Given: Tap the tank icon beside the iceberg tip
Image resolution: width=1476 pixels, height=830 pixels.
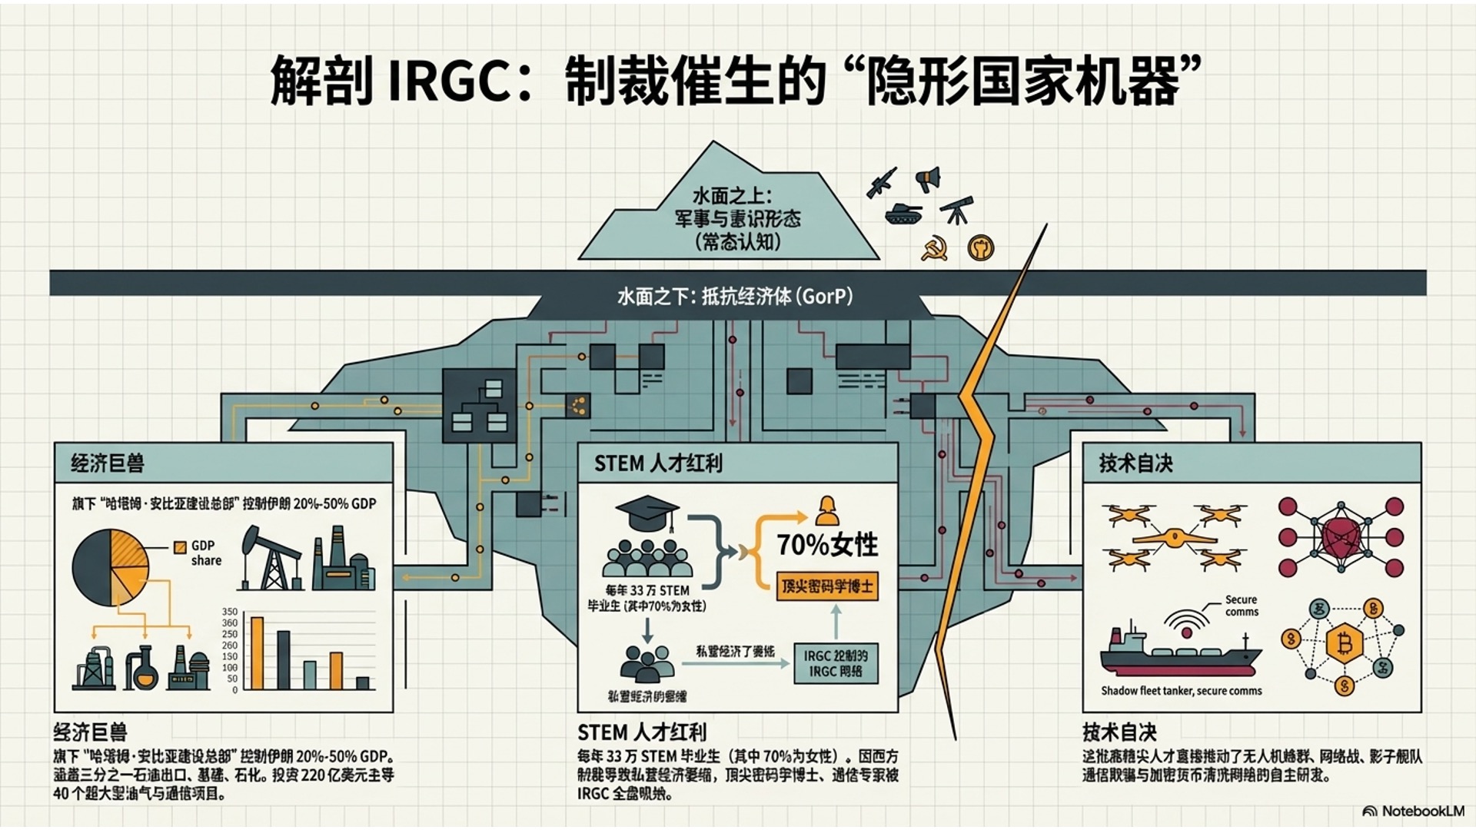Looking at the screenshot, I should (x=903, y=214).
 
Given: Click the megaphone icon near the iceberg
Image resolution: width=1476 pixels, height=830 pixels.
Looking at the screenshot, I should (x=929, y=179).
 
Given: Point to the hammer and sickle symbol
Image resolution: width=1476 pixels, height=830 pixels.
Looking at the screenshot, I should (x=934, y=249).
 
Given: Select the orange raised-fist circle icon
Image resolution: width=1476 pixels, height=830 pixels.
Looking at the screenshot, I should (x=981, y=247).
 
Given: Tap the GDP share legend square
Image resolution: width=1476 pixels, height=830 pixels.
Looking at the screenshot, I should (x=180, y=547).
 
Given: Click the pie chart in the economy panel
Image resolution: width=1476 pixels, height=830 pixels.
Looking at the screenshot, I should (x=111, y=568).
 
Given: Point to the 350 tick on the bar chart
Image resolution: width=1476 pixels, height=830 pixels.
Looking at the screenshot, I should (x=230, y=612).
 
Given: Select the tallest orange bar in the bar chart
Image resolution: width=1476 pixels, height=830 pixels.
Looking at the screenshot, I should (x=258, y=652).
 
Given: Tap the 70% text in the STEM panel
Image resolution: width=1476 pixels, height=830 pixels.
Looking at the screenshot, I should (x=801, y=545).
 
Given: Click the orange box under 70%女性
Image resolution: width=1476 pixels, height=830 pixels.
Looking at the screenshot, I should (x=826, y=586).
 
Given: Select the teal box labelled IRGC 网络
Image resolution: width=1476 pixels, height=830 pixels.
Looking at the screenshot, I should (x=835, y=663).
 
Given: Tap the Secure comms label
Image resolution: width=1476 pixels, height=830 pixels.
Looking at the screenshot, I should (x=1242, y=606).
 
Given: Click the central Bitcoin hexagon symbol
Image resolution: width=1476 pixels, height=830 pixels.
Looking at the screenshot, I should (x=1345, y=642).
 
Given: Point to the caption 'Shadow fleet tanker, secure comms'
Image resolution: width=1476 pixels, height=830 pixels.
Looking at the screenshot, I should (x=1181, y=691).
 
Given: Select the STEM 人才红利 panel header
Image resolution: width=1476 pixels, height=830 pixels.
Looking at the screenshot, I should (x=658, y=463).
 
